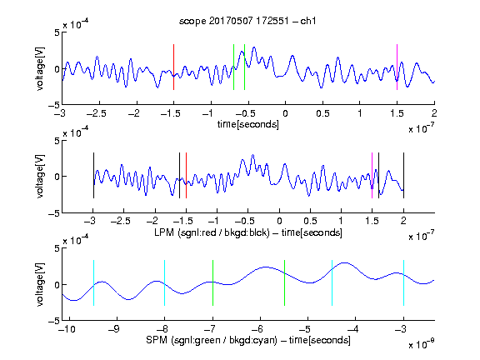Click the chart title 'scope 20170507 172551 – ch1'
[x=247, y=21]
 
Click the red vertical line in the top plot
[x=174, y=67]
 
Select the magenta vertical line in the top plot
[x=397, y=67]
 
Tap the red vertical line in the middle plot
[x=186, y=175]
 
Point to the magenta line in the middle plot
[x=372, y=175]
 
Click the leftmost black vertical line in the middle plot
[x=93, y=175]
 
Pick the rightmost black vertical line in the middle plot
[x=403, y=175]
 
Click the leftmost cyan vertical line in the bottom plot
[x=93, y=282]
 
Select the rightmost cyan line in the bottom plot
[x=403, y=282]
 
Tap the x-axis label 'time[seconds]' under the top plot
[x=248, y=125]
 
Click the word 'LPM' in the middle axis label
[x=164, y=232]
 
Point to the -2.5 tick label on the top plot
[x=96, y=113]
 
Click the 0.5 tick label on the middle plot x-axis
[x=310, y=221]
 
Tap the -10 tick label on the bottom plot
[x=67, y=329]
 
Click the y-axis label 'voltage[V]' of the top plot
[x=40, y=68]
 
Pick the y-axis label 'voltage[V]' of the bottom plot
[x=40, y=284]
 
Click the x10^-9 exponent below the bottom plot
[x=421, y=343]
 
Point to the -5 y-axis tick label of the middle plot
[x=54, y=213]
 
